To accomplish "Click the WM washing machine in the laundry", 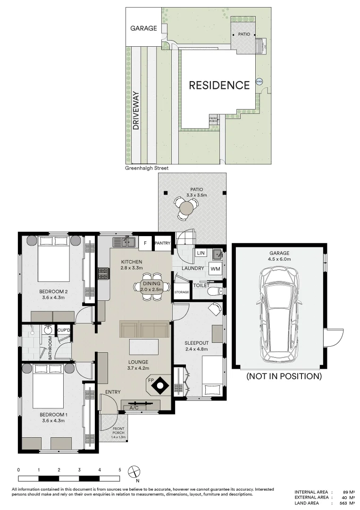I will (216, 269).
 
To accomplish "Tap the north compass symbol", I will (135, 472).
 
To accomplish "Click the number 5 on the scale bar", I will (120, 470).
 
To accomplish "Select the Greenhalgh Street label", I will (147, 168).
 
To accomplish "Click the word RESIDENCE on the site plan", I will (219, 85).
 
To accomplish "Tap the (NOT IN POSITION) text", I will (284, 376).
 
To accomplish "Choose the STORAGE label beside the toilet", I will (182, 292).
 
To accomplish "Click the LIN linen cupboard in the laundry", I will (200, 253).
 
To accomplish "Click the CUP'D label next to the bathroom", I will (64, 330).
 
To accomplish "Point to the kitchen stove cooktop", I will (103, 273).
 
